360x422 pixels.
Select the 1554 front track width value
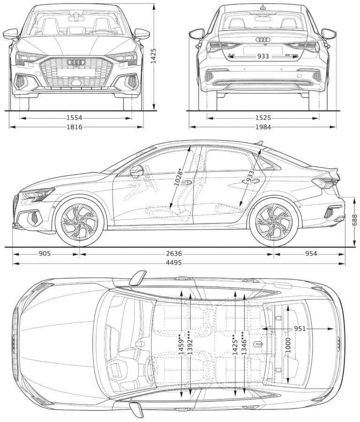click(x=75, y=118)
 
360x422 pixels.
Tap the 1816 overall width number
click(x=75, y=127)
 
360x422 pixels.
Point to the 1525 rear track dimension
click(x=262, y=118)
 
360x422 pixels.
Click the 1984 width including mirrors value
click(x=262, y=127)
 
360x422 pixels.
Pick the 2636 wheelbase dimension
click(x=173, y=254)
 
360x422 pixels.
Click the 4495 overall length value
click(x=174, y=264)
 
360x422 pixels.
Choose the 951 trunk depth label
click(x=300, y=329)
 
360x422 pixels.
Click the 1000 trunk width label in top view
click(x=288, y=345)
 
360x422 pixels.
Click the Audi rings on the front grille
click(x=75, y=62)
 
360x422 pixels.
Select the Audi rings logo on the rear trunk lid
click(x=263, y=40)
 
